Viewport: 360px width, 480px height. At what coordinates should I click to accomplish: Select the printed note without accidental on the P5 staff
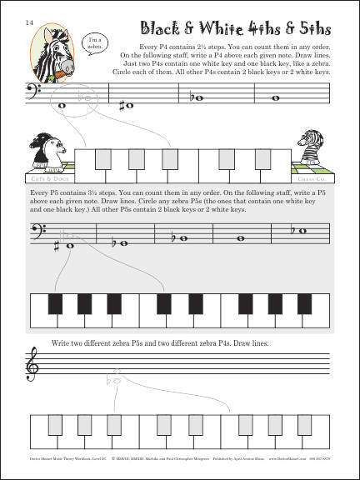241,240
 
